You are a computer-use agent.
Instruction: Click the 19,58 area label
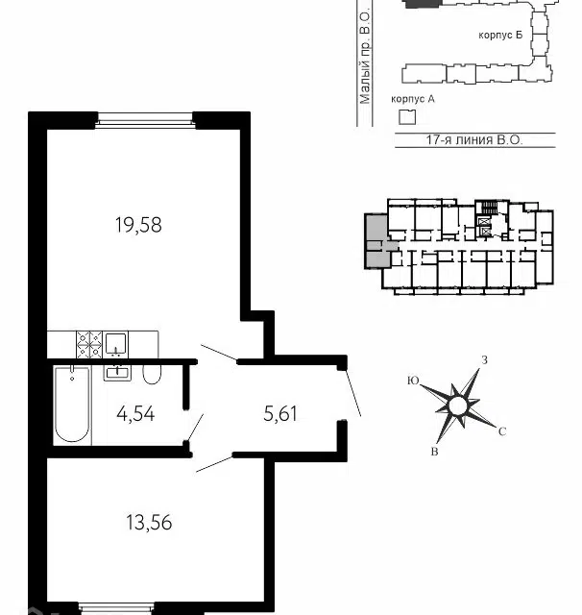point(138,225)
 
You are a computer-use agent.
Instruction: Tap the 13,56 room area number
point(149,523)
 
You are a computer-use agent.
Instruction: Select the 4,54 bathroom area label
point(135,414)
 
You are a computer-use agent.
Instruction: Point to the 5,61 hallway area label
point(280,414)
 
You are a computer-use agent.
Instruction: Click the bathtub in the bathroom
point(72,405)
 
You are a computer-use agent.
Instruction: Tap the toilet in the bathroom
point(152,374)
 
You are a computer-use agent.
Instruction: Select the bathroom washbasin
point(117,373)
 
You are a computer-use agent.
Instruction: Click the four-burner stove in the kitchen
point(89,345)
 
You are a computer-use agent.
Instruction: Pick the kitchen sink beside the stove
point(116,344)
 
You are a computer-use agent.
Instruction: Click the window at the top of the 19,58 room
point(145,120)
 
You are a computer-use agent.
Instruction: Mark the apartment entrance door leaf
point(352,392)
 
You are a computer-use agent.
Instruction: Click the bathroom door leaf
point(195,428)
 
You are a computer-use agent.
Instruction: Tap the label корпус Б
point(500,35)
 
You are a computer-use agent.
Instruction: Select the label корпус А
point(413,99)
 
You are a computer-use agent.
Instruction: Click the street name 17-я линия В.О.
point(474,140)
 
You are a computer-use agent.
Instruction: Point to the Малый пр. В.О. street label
point(365,57)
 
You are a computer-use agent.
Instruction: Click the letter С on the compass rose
point(502,431)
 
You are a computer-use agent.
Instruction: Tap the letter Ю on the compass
point(413,381)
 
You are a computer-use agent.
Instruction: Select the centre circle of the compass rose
point(458,406)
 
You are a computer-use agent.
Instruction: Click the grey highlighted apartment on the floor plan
point(377,241)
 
